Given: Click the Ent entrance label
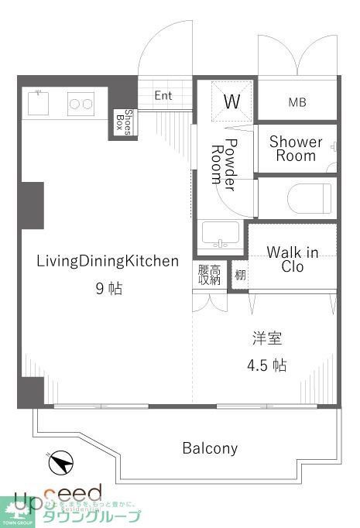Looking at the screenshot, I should [x=163, y=96].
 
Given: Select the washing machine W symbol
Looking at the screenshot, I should [x=231, y=101].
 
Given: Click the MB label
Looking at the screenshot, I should [x=297, y=101].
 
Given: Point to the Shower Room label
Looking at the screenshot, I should [x=296, y=149].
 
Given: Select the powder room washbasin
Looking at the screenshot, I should [x=221, y=234].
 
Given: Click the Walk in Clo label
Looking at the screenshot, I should [x=293, y=259].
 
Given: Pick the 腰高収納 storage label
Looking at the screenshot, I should [x=209, y=275].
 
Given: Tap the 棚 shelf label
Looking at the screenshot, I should [x=240, y=276].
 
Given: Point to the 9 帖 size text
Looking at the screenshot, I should [x=108, y=289].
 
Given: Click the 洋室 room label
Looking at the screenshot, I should [x=267, y=338].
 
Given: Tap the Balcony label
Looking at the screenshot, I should [x=210, y=447].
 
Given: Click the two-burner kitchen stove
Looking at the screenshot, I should [x=81, y=102].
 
